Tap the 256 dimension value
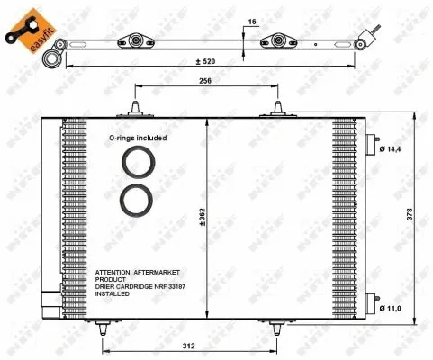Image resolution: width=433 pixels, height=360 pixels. [x=207, y=81]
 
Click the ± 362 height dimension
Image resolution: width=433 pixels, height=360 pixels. [x=217, y=216]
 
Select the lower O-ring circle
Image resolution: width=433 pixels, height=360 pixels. [x=138, y=200]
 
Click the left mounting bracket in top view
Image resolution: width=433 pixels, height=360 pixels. [x=138, y=40]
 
